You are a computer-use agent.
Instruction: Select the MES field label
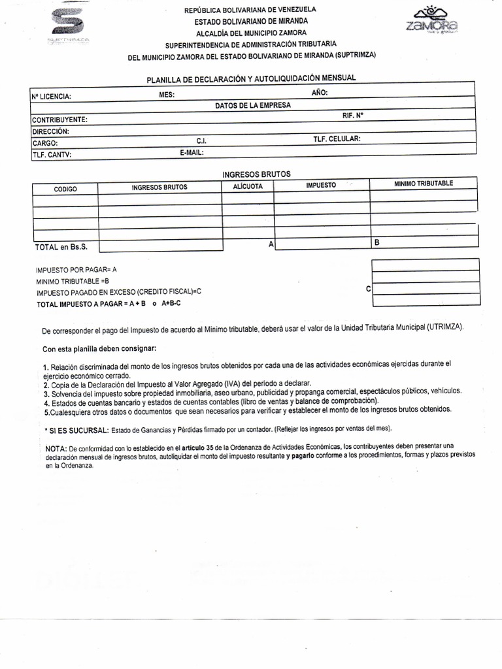(167, 95)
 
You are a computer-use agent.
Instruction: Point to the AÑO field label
(320, 93)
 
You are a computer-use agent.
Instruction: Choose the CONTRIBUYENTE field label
(59, 120)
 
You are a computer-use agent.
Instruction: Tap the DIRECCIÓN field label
(50, 131)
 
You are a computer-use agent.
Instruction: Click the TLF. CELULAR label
(337, 139)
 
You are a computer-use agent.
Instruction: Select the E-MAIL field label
(192, 152)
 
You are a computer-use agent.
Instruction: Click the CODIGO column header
(65, 189)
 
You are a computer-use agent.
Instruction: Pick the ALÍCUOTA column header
(248, 186)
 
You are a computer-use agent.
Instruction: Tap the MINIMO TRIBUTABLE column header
(423, 183)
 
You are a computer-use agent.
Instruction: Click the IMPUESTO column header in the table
(321, 185)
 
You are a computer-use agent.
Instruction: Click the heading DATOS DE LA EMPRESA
(253, 105)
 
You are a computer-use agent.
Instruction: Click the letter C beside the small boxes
(368, 289)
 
